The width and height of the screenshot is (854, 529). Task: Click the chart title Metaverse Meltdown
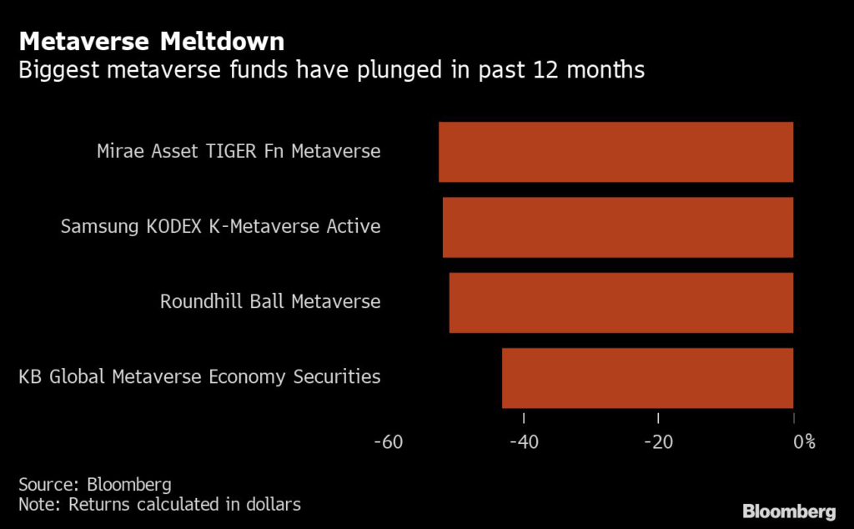(151, 41)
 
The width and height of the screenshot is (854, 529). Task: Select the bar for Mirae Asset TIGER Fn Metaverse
(615, 152)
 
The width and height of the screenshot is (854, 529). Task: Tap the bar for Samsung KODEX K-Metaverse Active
(617, 227)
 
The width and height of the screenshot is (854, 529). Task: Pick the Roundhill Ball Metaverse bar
(620, 302)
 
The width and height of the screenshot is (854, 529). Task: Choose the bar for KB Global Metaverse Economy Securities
(647, 377)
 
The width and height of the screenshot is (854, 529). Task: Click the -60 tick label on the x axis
(389, 441)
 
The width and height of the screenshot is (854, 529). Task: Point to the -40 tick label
(524, 441)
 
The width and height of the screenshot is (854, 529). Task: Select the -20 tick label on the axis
(658, 441)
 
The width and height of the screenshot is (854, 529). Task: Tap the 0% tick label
(803, 441)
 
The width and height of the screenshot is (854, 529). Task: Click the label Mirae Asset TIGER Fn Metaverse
(239, 152)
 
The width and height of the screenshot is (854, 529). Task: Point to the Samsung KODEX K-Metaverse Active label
(220, 227)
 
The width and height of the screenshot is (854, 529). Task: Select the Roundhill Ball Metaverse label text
(270, 302)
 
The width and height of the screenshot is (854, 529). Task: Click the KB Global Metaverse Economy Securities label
(199, 377)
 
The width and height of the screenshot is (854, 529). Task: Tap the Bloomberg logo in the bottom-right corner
(789, 510)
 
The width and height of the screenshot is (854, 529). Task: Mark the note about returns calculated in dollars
(159, 504)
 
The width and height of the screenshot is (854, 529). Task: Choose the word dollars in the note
(271, 504)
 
